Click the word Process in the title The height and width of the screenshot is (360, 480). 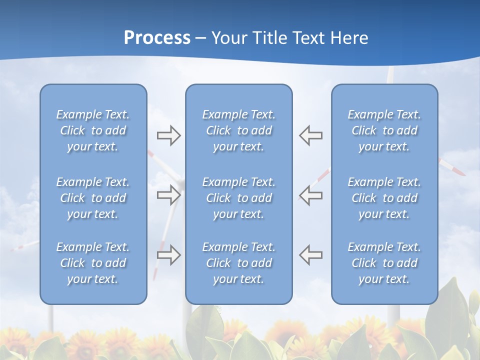pos(157,38)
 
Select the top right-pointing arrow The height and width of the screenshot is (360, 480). pos(168,135)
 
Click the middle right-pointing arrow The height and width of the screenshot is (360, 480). pos(168,195)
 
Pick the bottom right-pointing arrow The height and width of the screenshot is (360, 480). pos(168,255)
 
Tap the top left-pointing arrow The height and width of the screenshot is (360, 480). pos(311,135)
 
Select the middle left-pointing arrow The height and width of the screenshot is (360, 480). pos(311,195)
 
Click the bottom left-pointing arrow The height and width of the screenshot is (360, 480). pos(311,255)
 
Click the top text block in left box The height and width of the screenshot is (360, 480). pos(93,130)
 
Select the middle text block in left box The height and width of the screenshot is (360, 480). pos(93,198)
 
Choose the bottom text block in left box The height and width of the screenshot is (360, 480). pos(93,263)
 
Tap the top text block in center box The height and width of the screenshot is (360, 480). pos(239,130)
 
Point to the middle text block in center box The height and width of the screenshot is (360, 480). pos(239,198)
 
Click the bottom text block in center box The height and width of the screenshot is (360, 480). pos(239,263)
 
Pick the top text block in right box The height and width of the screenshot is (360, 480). pos(384,130)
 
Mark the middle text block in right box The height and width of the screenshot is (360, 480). pos(384,198)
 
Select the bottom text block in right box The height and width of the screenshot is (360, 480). pos(384,263)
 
